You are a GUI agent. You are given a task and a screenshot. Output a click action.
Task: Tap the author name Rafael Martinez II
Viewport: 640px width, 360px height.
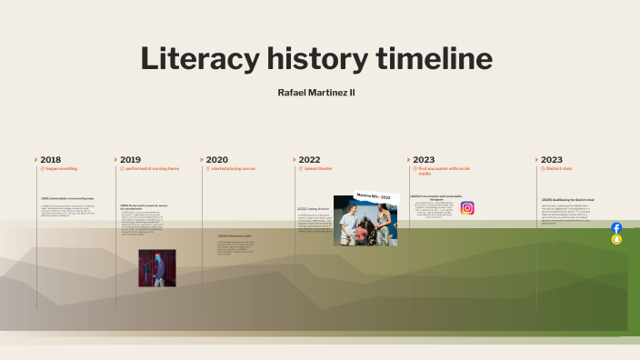[315, 93]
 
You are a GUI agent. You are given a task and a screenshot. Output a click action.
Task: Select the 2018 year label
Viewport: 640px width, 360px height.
[51, 159]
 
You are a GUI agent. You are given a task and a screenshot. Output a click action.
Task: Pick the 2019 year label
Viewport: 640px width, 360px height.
[130, 159]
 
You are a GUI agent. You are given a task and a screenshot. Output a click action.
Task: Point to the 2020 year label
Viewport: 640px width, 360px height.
[216, 159]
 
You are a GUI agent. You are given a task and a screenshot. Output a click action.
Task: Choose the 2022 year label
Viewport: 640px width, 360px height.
[309, 159]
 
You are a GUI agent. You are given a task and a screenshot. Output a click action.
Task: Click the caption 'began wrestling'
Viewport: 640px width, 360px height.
[61, 169]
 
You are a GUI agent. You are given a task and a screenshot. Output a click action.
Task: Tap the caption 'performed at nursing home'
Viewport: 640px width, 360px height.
[152, 169]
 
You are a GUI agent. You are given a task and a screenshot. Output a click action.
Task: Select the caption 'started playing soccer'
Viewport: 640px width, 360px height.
[233, 169]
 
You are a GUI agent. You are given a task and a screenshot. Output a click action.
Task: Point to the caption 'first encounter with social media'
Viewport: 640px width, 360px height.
[444, 169]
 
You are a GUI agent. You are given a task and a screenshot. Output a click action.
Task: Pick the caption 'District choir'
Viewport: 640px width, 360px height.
[559, 169]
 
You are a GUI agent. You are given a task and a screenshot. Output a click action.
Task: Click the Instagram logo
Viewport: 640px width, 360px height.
[467, 208]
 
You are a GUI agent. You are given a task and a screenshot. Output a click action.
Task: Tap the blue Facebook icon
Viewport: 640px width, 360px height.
[616, 228]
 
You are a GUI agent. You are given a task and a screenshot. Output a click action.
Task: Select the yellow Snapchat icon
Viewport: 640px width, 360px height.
[616, 239]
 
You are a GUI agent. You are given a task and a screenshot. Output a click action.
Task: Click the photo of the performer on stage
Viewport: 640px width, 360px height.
[156, 268]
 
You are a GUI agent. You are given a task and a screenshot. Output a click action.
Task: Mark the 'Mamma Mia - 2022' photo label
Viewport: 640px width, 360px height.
[373, 197]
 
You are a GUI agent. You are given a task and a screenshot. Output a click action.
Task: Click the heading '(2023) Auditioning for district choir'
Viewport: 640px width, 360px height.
[567, 200]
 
